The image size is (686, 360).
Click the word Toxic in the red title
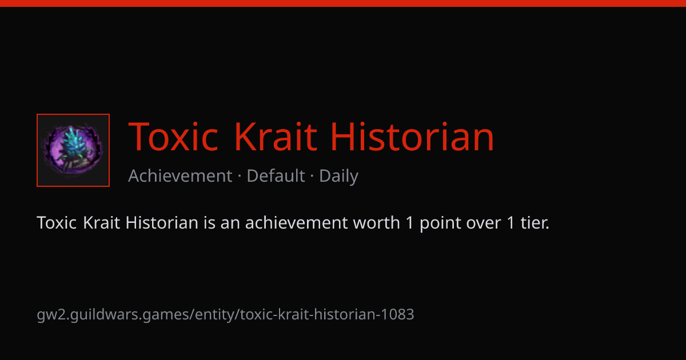tap(173, 136)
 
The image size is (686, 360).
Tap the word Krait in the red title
tap(276, 136)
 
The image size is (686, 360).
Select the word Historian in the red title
tap(413, 136)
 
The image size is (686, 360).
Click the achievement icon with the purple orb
tap(73, 150)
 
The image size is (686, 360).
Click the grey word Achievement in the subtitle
tap(180, 176)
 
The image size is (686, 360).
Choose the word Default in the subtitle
tap(276, 176)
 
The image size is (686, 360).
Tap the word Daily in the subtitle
tap(338, 177)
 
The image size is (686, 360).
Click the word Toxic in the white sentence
tap(57, 222)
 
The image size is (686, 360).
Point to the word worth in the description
tap(376, 222)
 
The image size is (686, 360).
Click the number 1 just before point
tap(410, 222)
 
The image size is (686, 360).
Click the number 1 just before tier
tap(510, 222)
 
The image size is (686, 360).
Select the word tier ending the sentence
tap(535, 222)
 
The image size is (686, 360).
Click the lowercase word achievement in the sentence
tap(296, 222)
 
